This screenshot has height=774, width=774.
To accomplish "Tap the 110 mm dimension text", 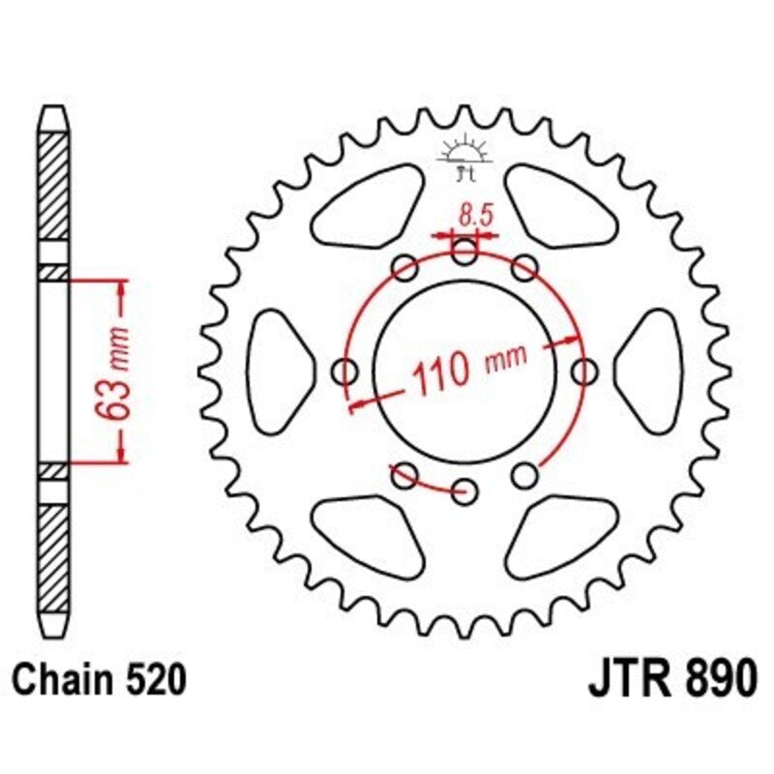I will pos(470,368).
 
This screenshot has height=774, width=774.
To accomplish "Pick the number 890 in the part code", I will pos(716,680).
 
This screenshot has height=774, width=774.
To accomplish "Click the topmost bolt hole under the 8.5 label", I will pos(465,253).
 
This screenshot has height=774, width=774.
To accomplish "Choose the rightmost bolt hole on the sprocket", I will pos(584,371).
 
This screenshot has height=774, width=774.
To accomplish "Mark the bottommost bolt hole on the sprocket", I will pos(465,489).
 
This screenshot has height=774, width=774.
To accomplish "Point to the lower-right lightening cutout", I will pos(560,535).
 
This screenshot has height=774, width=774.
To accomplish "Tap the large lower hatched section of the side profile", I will pos(54,551).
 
